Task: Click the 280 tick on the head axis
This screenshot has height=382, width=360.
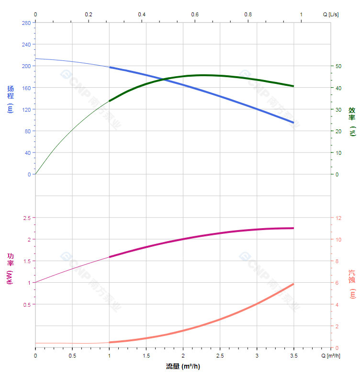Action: [26, 23]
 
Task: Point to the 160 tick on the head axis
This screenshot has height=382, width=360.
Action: [26, 88]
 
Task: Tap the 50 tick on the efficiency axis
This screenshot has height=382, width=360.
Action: [338, 66]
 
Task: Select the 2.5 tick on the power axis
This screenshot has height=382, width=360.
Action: [26, 218]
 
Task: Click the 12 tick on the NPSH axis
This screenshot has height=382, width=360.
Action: [338, 218]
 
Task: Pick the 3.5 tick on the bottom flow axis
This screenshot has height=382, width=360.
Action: [294, 356]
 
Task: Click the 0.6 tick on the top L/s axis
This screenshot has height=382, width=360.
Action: [195, 14]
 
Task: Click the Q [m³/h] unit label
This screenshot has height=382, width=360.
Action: [331, 356]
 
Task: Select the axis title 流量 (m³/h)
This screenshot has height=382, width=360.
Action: [183, 366]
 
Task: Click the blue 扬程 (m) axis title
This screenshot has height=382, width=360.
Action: [11, 99]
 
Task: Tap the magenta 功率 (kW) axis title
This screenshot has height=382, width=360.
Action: [11, 268]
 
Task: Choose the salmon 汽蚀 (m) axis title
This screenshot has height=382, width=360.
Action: [352, 284]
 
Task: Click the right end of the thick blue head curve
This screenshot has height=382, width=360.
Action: [293, 123]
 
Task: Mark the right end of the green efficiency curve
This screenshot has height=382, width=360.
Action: [293, 86]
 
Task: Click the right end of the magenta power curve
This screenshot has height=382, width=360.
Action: [293, 228]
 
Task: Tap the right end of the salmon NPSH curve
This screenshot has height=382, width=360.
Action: [293, 284]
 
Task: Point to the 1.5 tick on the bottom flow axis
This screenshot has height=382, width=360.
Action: [146, 356]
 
